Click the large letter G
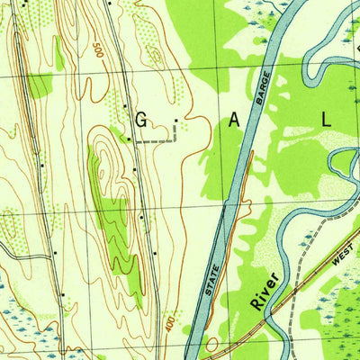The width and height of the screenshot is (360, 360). click(141, 118)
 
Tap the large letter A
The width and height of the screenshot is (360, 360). click(234, 118)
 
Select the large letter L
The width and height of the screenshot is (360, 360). click(326, 118)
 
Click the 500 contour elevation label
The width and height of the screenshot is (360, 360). click(97, 52)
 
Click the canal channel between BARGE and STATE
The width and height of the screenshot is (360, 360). click(236, 189)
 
